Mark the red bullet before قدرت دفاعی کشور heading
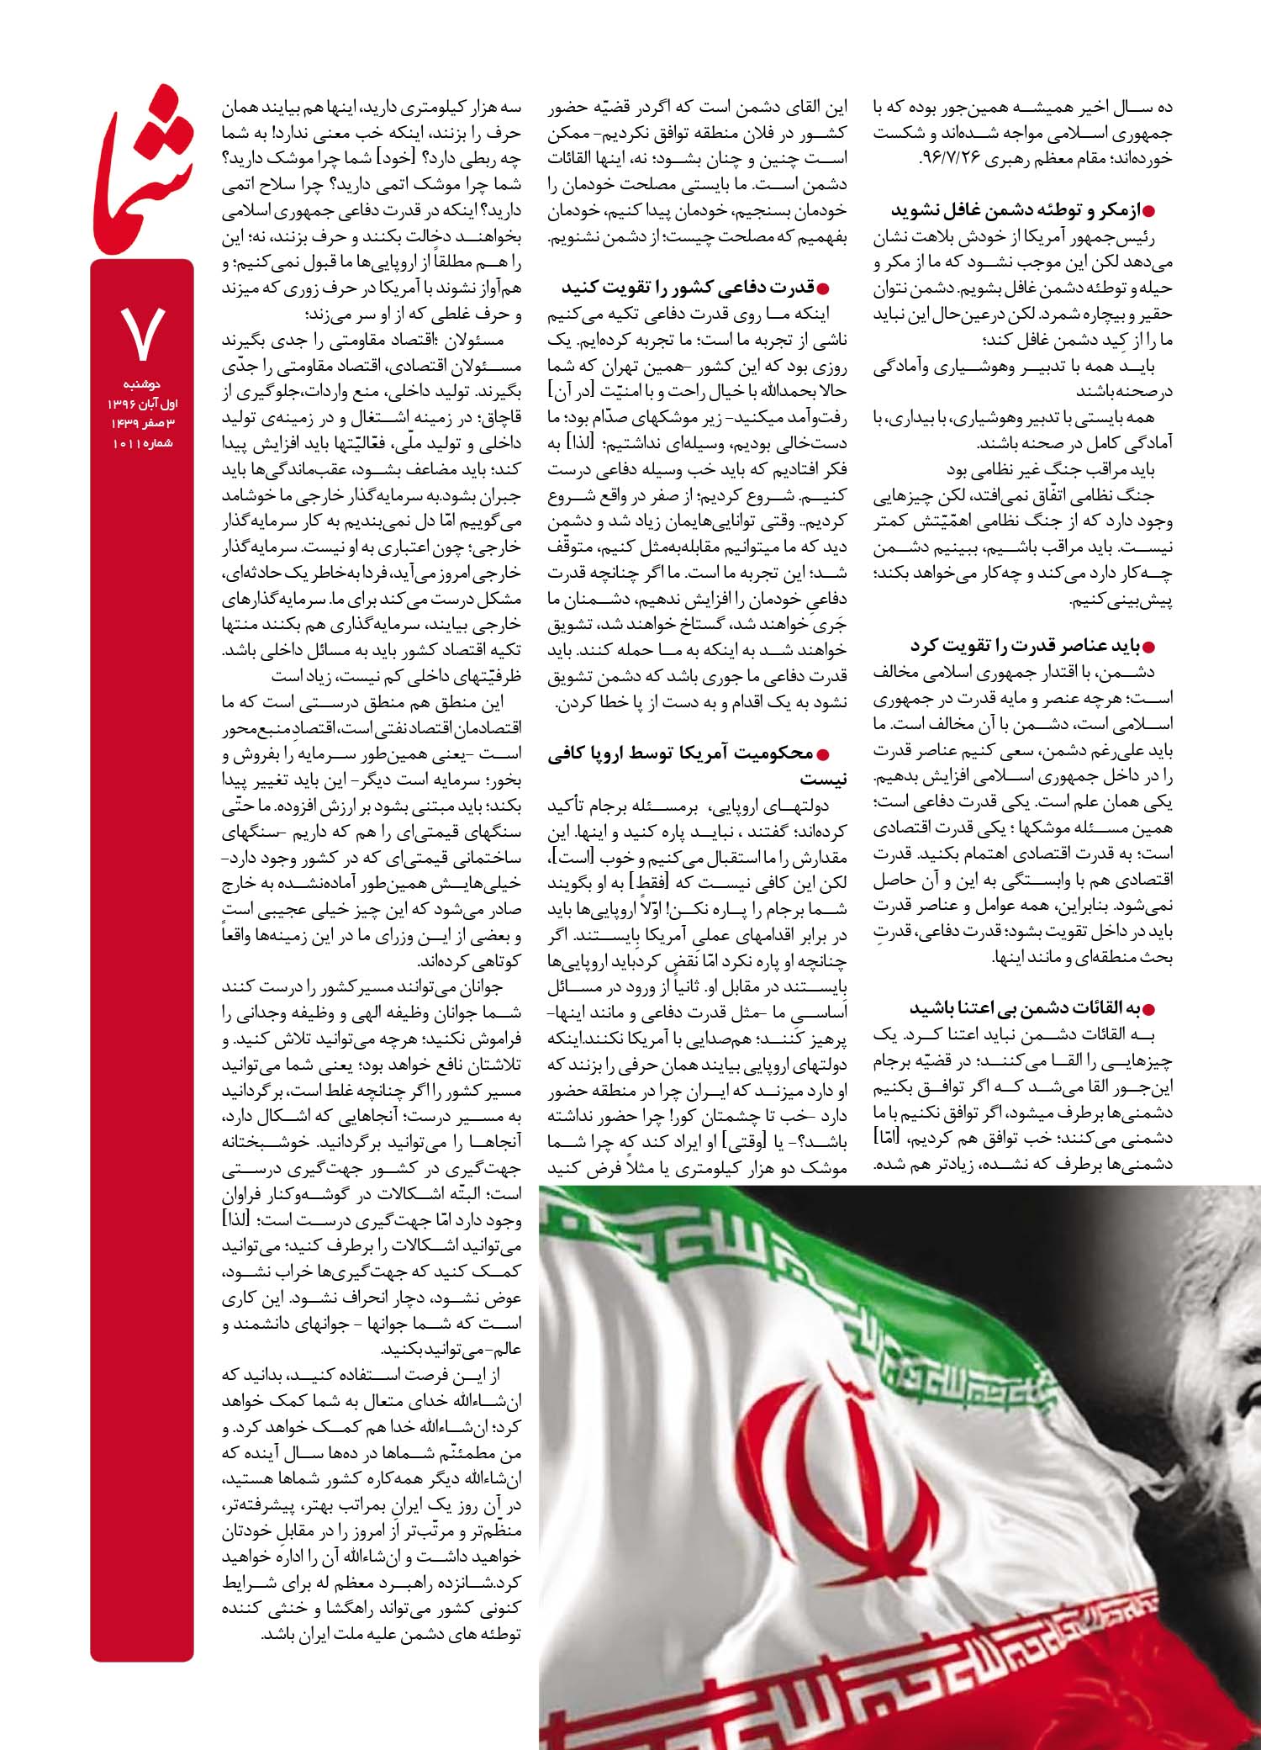pyautogui.click(x=835, y=288)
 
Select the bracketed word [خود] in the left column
pyautogui.click(x=393, y=159)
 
